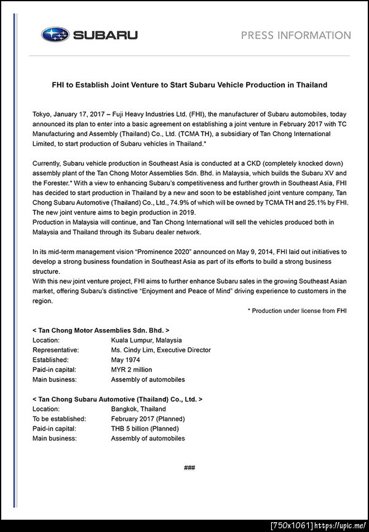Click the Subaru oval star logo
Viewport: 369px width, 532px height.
[55, 35]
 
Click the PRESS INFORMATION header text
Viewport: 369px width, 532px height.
[296, 35]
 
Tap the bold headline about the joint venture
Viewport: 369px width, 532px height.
[189, 84]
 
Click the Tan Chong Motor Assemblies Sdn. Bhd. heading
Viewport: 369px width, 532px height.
[100, 330]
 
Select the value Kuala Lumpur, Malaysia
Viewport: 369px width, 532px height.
[146, 340]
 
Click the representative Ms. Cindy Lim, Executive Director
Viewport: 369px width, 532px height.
[161, 350]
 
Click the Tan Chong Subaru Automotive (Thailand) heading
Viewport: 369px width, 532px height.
[117, 399]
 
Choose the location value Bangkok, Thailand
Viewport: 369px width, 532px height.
[138, 409]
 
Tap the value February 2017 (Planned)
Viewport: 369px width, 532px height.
[148, 419]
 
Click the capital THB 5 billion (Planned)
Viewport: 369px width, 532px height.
[145, 429]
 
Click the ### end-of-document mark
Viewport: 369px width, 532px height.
[189, 468]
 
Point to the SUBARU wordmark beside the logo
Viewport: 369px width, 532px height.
[105, 35]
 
